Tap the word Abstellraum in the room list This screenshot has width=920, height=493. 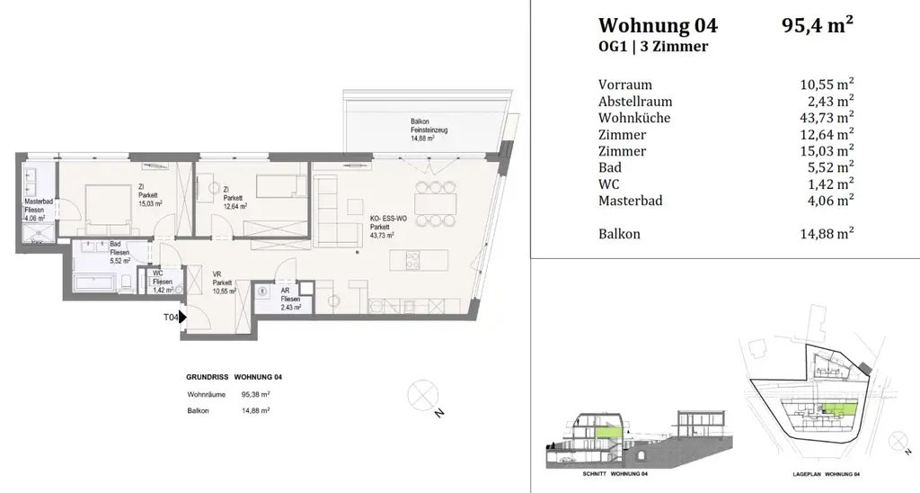(635, 102)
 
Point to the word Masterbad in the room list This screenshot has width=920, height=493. (630, 201)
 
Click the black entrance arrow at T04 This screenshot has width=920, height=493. (182, 317)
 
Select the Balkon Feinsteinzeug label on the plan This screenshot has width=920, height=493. (430, 130)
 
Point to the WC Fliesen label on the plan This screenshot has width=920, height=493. (163, 282)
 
